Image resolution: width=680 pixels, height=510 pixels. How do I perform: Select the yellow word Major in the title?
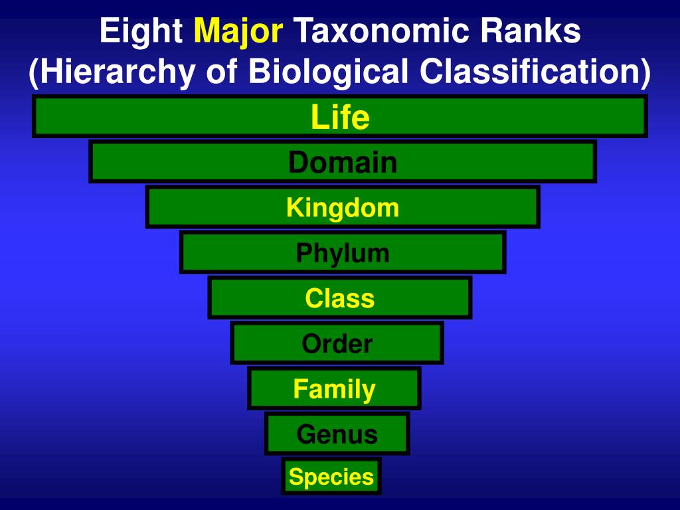[238, 31]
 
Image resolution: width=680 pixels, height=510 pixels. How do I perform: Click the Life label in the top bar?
[340, 118]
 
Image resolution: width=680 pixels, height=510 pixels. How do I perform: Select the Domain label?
[343, 163]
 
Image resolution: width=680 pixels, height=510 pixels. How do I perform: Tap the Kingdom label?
[343, 208]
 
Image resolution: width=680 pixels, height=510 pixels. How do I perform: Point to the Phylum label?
[343, 253]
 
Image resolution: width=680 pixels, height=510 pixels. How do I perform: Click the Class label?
[340, 298]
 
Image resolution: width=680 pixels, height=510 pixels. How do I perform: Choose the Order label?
[337, 343]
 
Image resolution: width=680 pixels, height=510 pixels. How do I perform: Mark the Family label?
[335, 388]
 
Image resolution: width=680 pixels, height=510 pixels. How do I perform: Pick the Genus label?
[337, 434]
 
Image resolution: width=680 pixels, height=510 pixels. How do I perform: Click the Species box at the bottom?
[331, 477]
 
